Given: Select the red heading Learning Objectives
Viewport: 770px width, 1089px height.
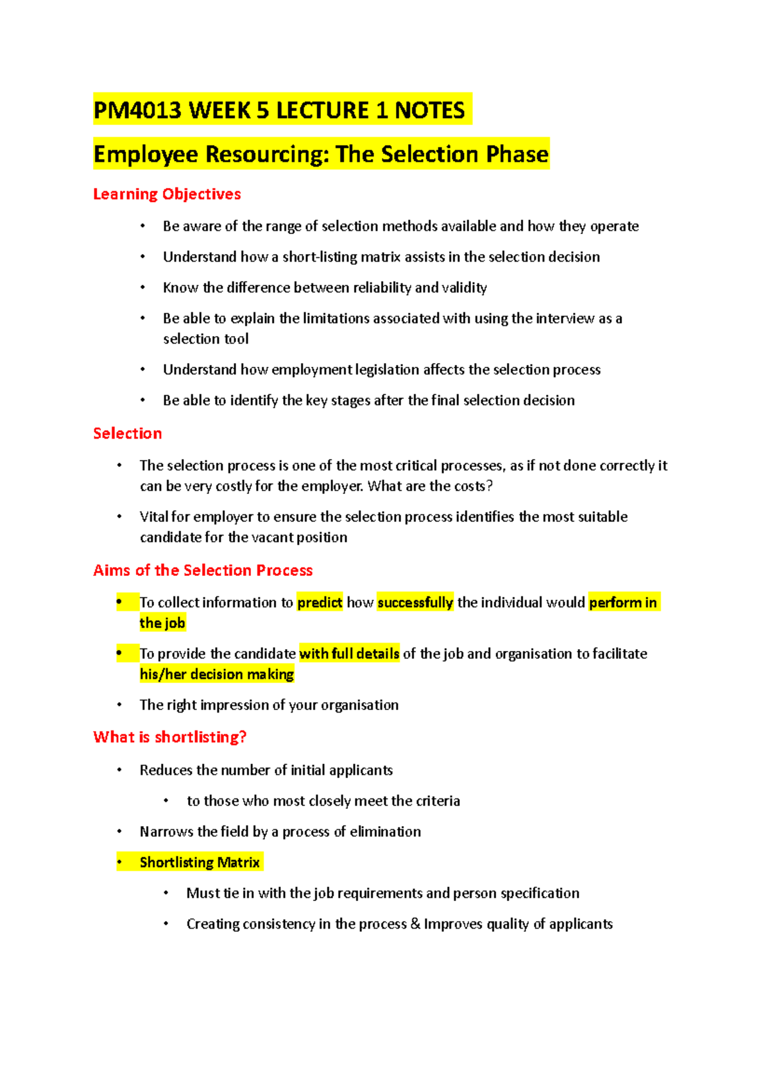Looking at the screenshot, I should coord(167,194).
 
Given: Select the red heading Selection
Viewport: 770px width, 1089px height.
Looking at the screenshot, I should coord(127,434).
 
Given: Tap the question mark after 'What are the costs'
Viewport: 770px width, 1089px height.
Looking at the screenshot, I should coord(490,486).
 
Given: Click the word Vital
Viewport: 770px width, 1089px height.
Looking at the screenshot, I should coord(154,517).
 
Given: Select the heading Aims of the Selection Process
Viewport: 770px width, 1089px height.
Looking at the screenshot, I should coord(203,571).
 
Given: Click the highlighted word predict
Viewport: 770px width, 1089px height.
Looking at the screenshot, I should coord(320,603).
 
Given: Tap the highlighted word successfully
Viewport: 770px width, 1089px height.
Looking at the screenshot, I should coord(415,603).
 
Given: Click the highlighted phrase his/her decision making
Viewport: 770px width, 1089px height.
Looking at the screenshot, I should coord(217,675).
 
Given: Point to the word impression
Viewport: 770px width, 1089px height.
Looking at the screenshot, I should coord(234,705).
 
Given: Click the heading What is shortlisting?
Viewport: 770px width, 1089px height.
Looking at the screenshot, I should coord(170,738).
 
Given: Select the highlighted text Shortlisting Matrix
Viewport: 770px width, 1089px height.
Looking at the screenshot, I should coord(200,863).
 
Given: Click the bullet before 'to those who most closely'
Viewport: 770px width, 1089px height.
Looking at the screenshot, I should coord(166,801).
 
